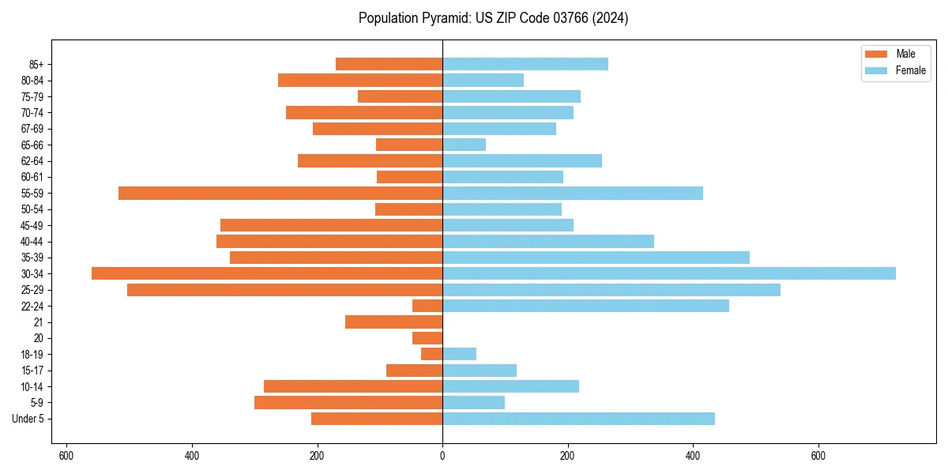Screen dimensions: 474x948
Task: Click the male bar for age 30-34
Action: [x=267, y=273]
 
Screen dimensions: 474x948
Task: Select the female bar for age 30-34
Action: [x=668, y=273]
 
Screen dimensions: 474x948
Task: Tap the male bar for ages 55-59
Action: [x=280, y=193]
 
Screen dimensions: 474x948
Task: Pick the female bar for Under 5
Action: [x=578, y=419]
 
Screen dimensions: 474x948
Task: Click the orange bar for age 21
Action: [x=393, y=322]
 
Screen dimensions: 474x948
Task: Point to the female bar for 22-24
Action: [x=585, y=306]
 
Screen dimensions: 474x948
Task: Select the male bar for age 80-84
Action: [x=360, y=80]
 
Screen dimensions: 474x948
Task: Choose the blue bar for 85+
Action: [x=525, y=64]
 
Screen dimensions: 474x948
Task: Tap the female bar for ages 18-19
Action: [x=459, y=354]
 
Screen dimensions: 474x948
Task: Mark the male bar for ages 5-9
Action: [x=348, y=403]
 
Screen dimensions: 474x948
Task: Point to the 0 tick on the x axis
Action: [x=442, y=456]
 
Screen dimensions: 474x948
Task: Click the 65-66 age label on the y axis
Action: [x=33, y=145]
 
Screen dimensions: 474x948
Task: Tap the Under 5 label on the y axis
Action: [x=28, y=419]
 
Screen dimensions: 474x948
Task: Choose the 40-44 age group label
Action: [x=33, y=242]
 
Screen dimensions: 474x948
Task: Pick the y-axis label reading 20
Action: [x=39, y=338]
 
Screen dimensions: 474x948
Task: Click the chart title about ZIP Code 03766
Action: [x=493, y=18]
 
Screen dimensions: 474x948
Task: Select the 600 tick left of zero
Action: [x=66, y=456]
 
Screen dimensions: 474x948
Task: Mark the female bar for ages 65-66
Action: [x=464, y=145]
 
